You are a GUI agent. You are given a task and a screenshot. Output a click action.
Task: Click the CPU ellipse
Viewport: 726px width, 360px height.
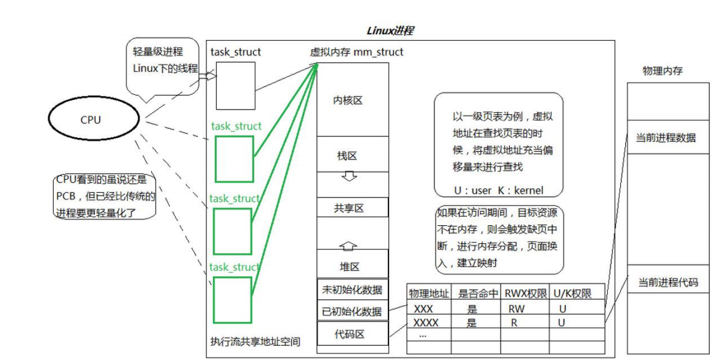[x=91, y=119]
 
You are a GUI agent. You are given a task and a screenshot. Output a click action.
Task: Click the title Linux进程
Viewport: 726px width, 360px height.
[x=390, y=30]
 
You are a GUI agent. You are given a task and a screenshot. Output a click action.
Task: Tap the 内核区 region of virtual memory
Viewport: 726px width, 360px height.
[x=352, y=100]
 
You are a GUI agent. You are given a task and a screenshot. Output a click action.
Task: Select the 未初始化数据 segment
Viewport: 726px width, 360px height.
[x=352, y=290]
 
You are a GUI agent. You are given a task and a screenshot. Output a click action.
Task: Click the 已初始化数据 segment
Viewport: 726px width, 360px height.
[x=352, y=311]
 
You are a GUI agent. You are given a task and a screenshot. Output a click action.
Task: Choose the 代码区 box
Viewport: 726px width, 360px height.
[x=352, y=334]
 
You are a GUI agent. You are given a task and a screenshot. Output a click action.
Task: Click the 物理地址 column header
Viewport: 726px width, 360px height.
[x=429, y=294]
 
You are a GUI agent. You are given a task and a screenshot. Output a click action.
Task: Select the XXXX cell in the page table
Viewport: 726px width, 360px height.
[x=425, y=322]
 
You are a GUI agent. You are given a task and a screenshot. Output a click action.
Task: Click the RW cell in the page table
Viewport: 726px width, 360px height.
[x=516, y=308]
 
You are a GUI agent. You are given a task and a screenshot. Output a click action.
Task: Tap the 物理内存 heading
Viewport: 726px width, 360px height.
[x=663, y=71]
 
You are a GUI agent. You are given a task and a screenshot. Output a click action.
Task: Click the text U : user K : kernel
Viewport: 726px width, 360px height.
[x=498, y=190]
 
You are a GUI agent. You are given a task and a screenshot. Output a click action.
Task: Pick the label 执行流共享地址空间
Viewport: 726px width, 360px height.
[x=255, y=341]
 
